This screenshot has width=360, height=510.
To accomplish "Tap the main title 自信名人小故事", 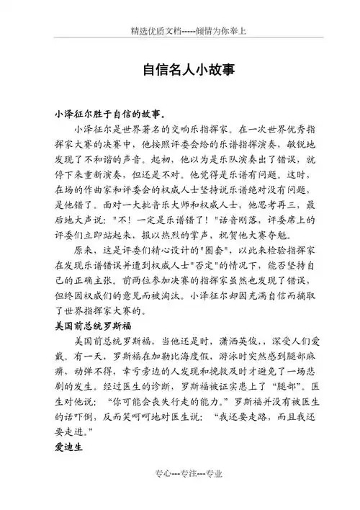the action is [179, 71].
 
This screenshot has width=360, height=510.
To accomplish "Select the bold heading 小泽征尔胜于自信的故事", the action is [108, 114].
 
